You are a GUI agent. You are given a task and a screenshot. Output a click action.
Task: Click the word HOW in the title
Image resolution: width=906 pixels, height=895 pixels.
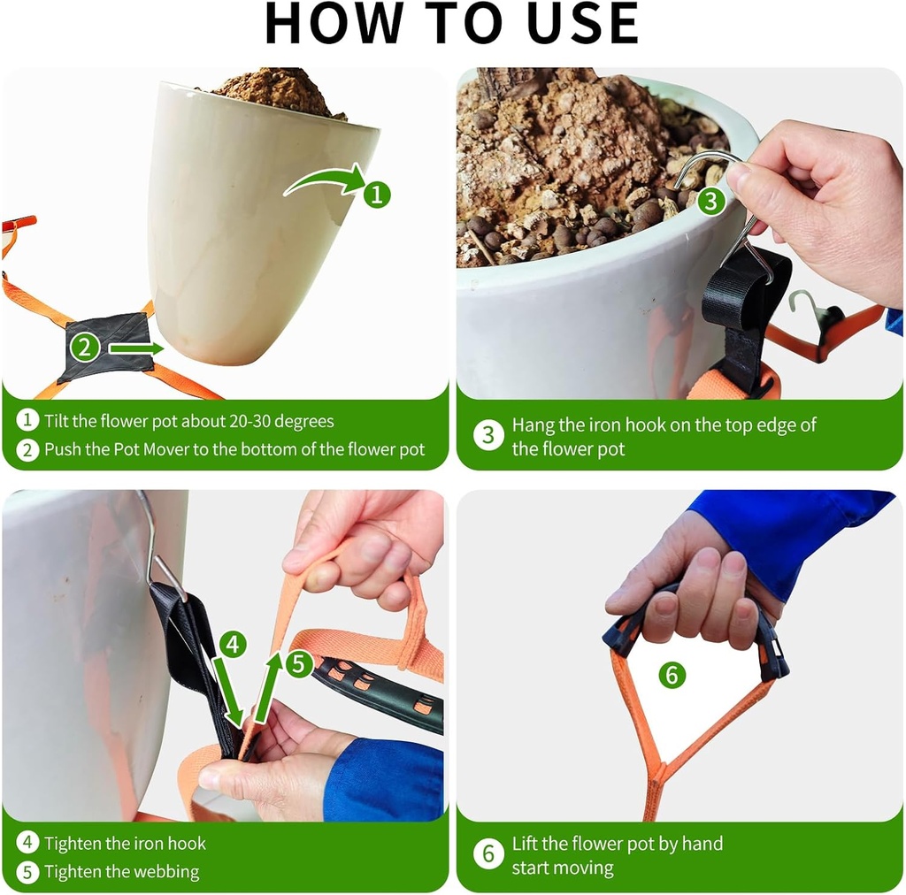point(329,24)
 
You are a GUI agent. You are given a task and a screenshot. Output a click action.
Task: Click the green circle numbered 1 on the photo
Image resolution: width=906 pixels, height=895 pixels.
point(377,194)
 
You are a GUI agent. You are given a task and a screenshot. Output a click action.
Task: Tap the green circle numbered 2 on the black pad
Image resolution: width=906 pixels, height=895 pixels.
point(84,348)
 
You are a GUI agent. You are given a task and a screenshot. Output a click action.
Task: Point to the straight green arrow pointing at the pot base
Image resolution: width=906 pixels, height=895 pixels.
point(136,348)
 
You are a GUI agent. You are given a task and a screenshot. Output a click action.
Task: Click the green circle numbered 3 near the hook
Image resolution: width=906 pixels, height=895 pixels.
point(710,201)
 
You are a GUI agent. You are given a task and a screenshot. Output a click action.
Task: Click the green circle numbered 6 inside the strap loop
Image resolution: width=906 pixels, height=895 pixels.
point(672,676)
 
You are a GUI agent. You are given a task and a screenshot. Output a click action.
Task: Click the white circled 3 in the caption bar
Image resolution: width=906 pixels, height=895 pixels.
point(488,436)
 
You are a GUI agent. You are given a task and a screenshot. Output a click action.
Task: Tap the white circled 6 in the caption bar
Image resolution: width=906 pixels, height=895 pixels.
point(488,855)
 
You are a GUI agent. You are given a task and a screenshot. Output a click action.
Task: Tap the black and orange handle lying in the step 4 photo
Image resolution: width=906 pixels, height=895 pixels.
point(380,694)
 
